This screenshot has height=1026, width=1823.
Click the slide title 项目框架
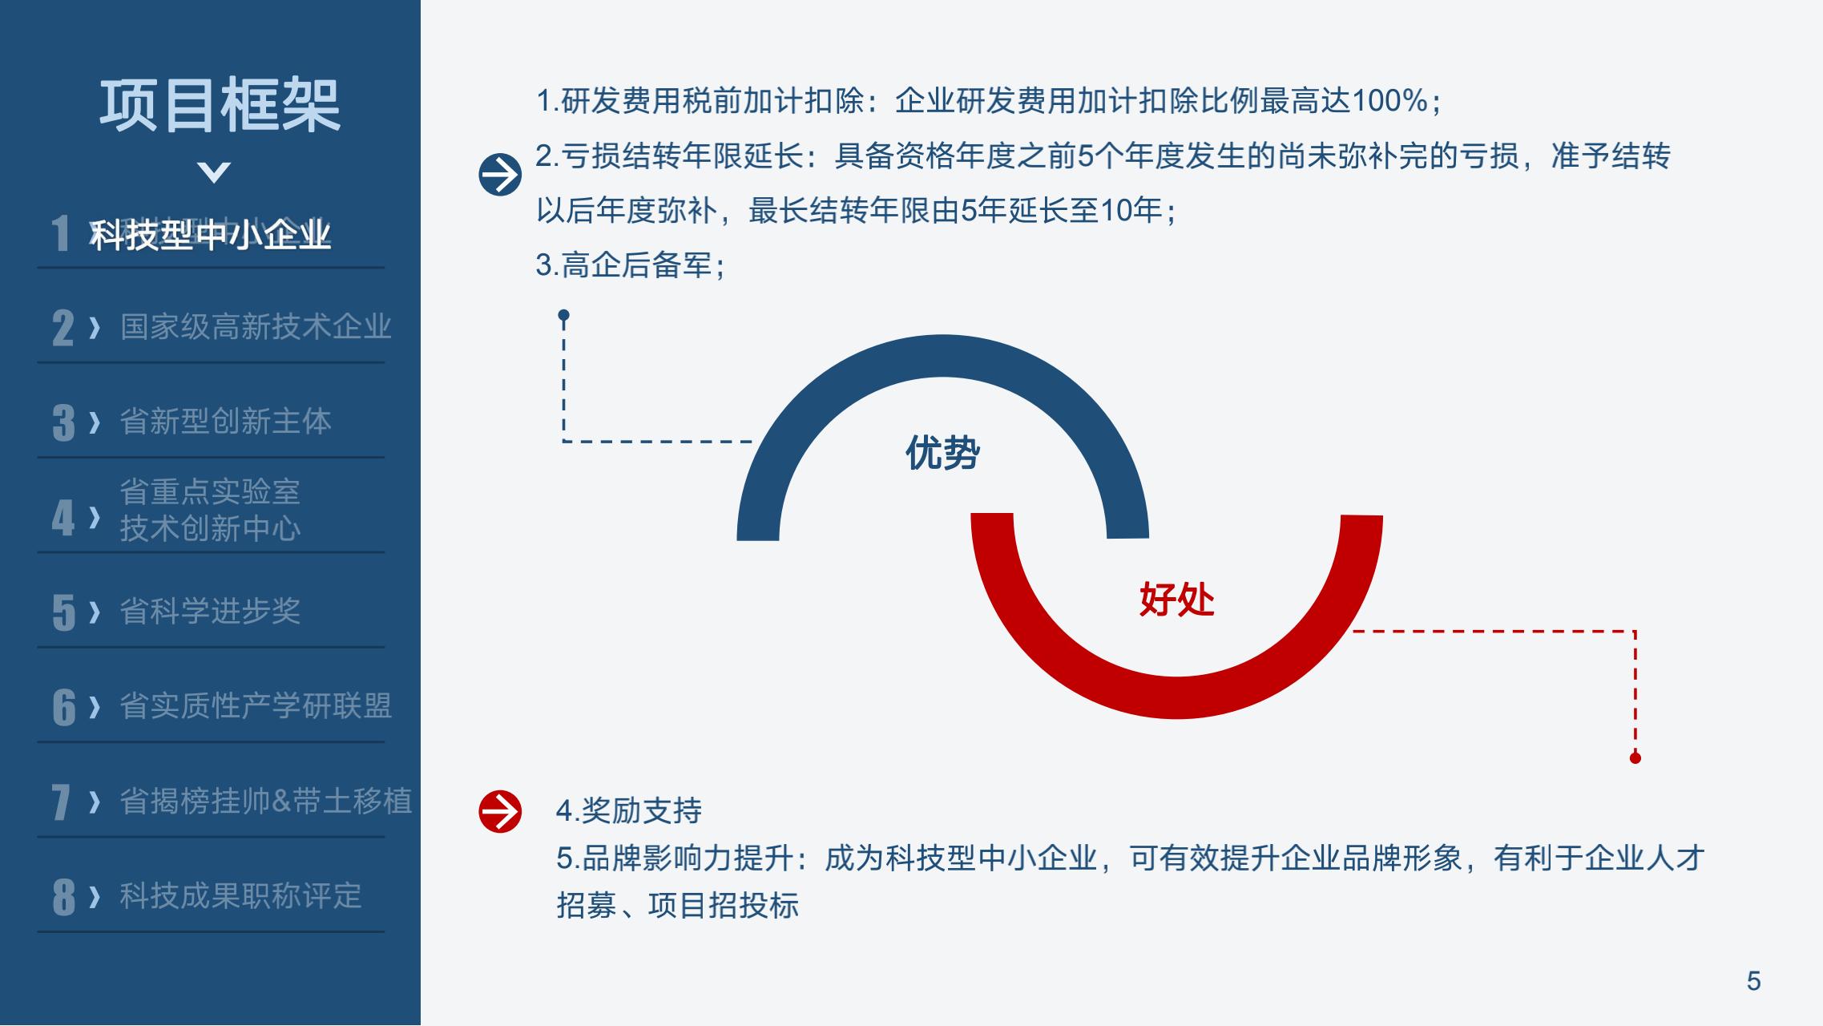point(220,105)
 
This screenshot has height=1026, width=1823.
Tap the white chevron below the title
point(214,172)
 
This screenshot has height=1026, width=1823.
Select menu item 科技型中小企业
point(210,235)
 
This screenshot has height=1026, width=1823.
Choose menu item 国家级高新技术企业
point(256,327)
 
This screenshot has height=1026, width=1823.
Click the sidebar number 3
point(63,422)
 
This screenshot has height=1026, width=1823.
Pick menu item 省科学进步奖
point(210,612)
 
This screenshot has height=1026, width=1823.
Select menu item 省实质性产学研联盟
point(256,706)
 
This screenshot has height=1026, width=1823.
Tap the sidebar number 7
point(62,802)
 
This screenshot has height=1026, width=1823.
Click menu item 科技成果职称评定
point(240,895)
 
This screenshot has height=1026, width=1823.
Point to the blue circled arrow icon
point(500,175)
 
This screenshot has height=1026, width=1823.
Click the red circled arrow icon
point(500,812)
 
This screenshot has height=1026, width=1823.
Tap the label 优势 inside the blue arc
point(942,453)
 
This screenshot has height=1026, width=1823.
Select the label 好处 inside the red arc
point(1176,600)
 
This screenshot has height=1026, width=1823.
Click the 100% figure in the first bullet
point(1390,101)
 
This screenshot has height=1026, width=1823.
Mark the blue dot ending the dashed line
point(564,315)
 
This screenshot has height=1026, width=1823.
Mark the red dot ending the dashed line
point(1635,758)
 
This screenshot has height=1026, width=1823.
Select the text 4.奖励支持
point(629,811)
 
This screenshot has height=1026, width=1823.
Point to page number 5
point(1754,981)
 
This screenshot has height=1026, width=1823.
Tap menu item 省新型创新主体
point(225,422)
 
